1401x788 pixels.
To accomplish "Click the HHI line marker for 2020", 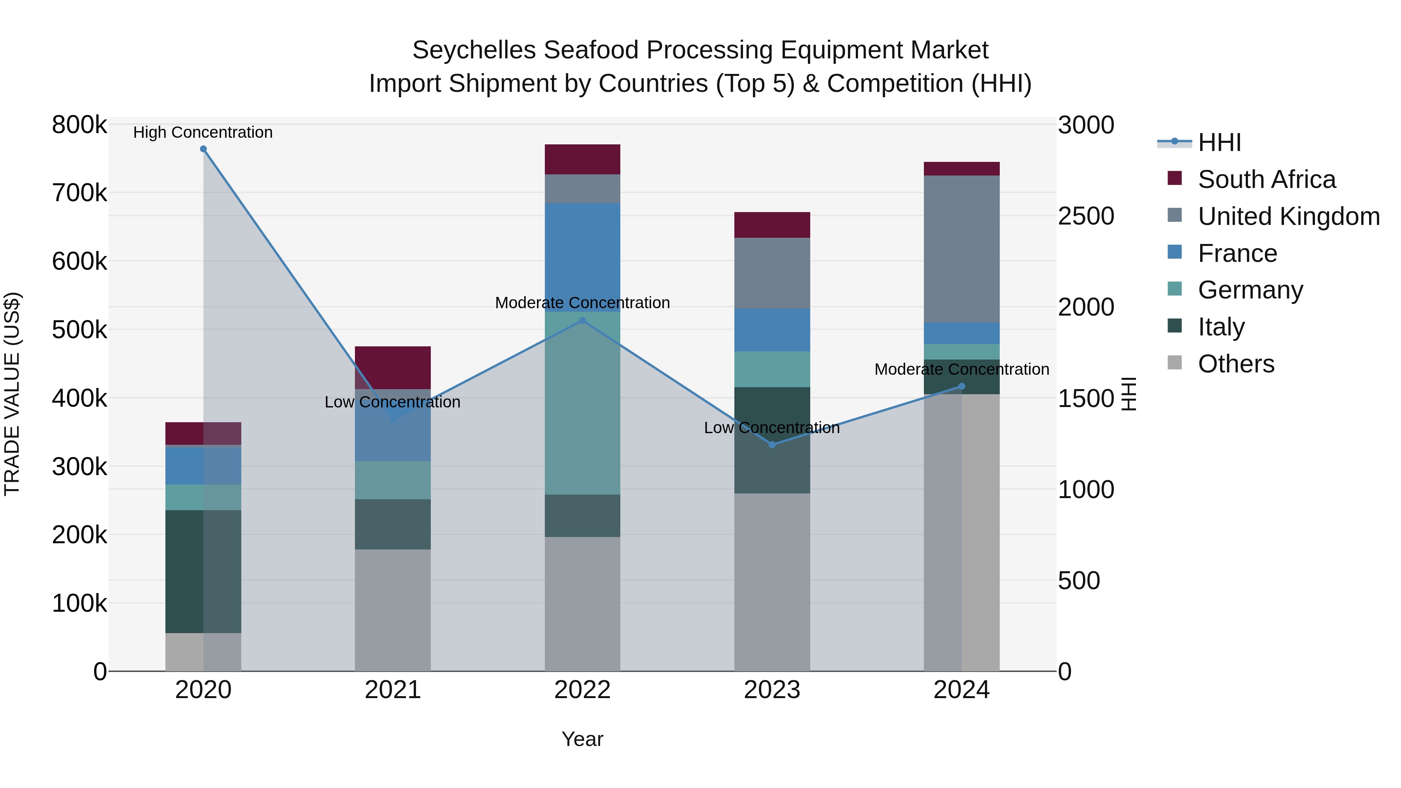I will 204,149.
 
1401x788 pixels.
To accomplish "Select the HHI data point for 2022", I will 583,321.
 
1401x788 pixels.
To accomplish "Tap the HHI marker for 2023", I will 772,445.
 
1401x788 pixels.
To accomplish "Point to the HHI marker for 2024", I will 962,387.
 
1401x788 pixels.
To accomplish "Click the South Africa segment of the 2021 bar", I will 393,368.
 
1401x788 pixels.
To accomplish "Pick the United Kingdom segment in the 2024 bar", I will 962,249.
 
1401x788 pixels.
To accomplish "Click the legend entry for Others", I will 1236,364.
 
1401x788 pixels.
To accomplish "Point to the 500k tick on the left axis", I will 79,330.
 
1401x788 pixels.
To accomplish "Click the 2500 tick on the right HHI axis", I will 1085,216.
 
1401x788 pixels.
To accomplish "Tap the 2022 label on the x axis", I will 583,690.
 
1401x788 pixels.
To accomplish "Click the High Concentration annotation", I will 203,133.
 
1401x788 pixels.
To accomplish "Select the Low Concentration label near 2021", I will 392,402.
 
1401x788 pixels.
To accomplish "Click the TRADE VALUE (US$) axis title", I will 12,394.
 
